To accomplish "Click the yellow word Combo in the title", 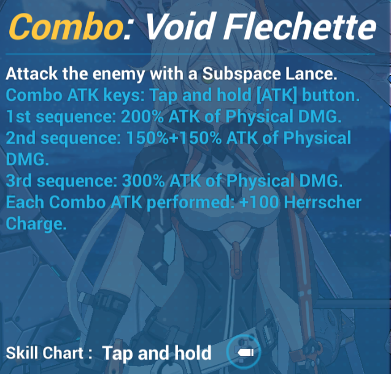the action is (x=66, y=26).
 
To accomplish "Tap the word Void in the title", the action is (x=180, y=26).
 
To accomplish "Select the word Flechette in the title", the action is (x=300, y=26).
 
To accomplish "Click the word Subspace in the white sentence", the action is (x=241, y=74).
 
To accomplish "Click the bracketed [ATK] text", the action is (x=277, y=95).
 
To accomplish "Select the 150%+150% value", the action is (x=174, y=138).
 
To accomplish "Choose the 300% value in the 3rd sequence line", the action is (x=143, y=181).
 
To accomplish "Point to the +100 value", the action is (x=258, y=202).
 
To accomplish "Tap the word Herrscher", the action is (x=323, y=202).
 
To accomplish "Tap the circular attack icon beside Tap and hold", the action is (x=244, y=352).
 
